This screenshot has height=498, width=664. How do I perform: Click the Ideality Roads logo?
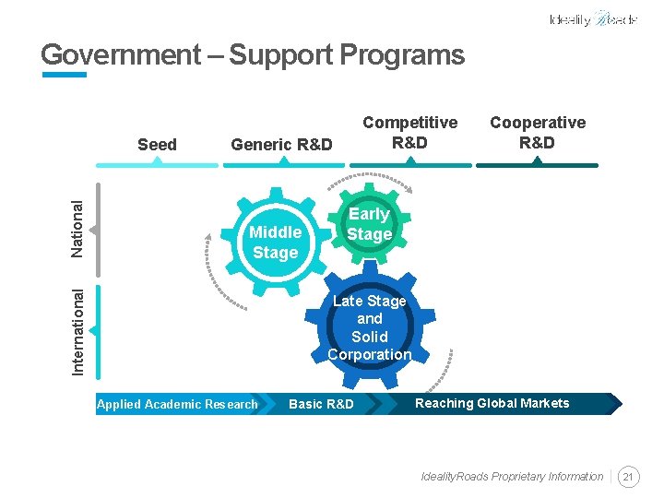[x=592, y=19]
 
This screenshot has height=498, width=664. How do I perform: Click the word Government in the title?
[x=119, y=55]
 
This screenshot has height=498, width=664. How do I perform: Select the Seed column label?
[x=157, y=144]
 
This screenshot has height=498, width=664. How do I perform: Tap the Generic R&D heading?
[x=281, y=144]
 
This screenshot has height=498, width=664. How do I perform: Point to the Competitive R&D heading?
[x=409, y=132]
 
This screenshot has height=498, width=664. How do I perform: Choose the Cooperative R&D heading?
[x=537, y=132]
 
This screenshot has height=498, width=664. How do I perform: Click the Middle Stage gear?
[x=275, y=243]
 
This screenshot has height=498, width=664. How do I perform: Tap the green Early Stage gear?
[x=369, y=224]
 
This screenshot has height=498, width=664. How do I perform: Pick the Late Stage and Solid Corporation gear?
[x=369, y=327]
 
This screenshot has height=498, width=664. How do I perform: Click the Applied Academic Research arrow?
[x=178, y=404]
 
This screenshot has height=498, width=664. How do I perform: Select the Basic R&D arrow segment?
[x=321, y=404]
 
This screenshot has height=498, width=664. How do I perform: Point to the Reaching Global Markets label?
[x=492, y=403]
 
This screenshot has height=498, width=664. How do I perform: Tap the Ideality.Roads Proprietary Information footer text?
[x=512, y=477]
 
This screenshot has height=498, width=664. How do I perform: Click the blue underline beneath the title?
[x=64, y=75]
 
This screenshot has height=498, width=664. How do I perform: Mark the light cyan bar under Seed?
[x=157, y=165]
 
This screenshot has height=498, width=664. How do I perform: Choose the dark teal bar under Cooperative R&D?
[x=537, y=165]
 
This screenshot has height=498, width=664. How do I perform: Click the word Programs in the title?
[x=401, y=55]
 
